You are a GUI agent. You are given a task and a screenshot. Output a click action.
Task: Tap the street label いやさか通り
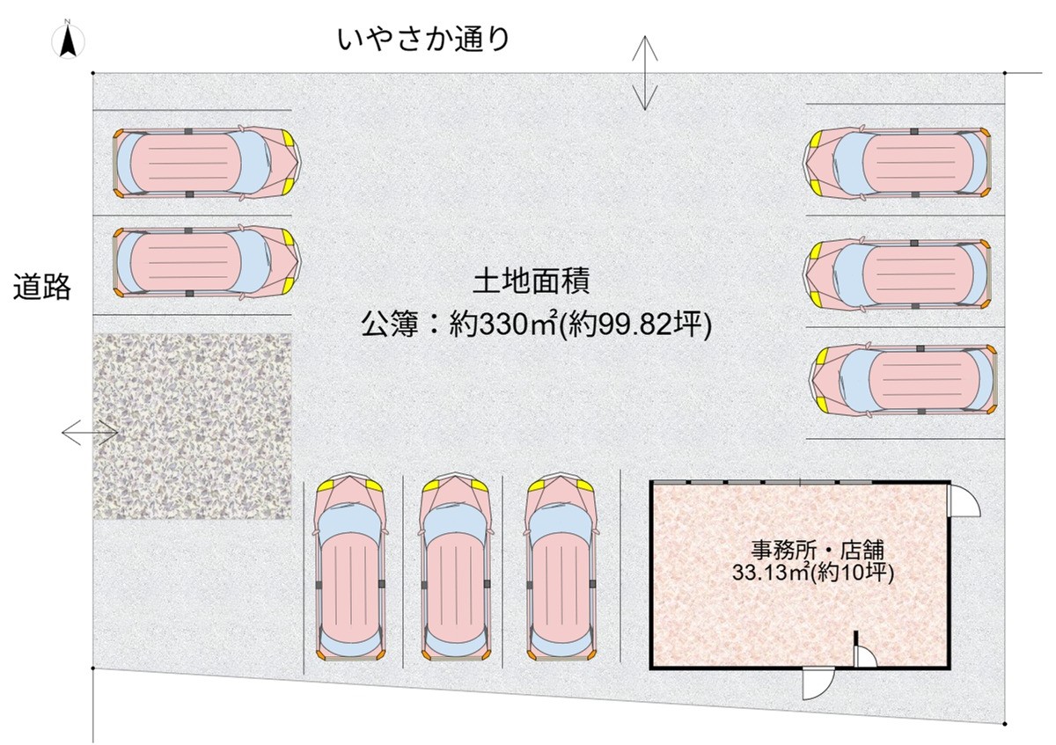coord(422,39)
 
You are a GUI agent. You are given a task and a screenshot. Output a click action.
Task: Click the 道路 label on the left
coord(41,287)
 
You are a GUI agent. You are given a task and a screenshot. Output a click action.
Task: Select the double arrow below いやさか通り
coord(646,73)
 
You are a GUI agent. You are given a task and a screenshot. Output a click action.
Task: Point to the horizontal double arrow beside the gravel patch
coord(90,432)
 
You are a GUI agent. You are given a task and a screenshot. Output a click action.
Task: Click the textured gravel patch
coord(192,427)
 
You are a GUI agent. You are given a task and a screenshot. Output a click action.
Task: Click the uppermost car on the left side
coord(207,163)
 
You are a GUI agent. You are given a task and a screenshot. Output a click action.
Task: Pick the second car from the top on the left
coord(207,261)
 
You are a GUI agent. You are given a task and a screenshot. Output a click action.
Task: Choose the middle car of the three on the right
coord(901,274)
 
